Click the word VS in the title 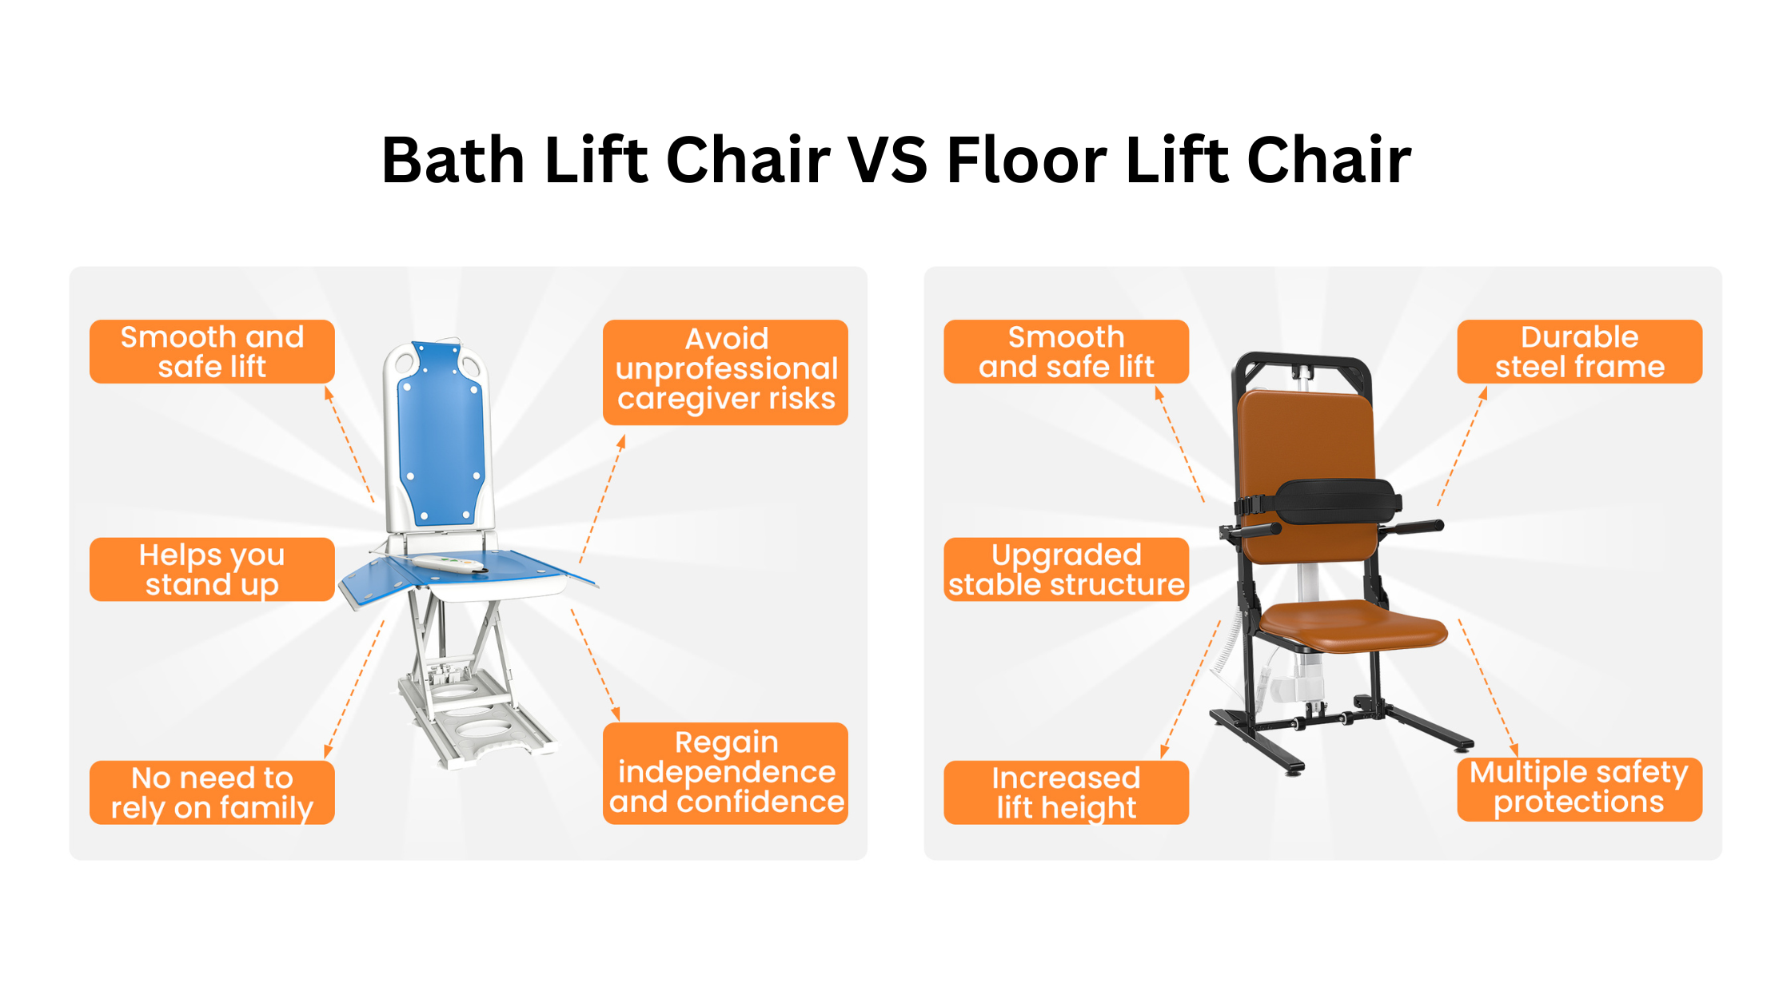coord(888,160)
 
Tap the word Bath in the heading coord(453,160)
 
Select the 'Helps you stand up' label coord(212,569)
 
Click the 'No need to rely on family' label coord(212,792)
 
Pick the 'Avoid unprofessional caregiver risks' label coord(725,372)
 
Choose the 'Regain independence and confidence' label coord(725,773)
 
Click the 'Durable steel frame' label coord(1580,352)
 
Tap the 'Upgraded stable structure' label coord(1067,569)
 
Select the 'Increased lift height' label coord(1067,792)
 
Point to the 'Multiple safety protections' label coord(1580,789)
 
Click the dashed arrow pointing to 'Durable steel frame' coord(1462,447)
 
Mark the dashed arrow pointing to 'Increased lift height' coord(1191,689)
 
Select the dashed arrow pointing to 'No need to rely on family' coord(354,689)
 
